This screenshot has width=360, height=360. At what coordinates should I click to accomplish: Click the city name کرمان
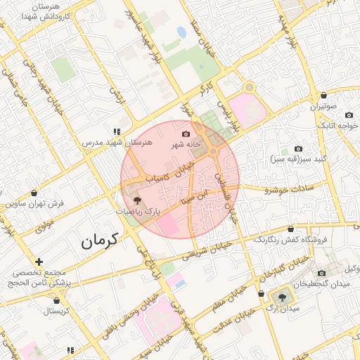[102, 240]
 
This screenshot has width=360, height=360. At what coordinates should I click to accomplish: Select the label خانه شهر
[188, 144]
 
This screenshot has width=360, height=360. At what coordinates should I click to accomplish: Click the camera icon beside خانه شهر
[186, 134]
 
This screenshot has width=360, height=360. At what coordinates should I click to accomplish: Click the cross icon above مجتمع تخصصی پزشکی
[39, 262]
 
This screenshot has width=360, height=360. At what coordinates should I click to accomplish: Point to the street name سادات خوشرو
[286, 188]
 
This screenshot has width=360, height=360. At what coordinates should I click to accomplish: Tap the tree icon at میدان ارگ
[282, 297]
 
